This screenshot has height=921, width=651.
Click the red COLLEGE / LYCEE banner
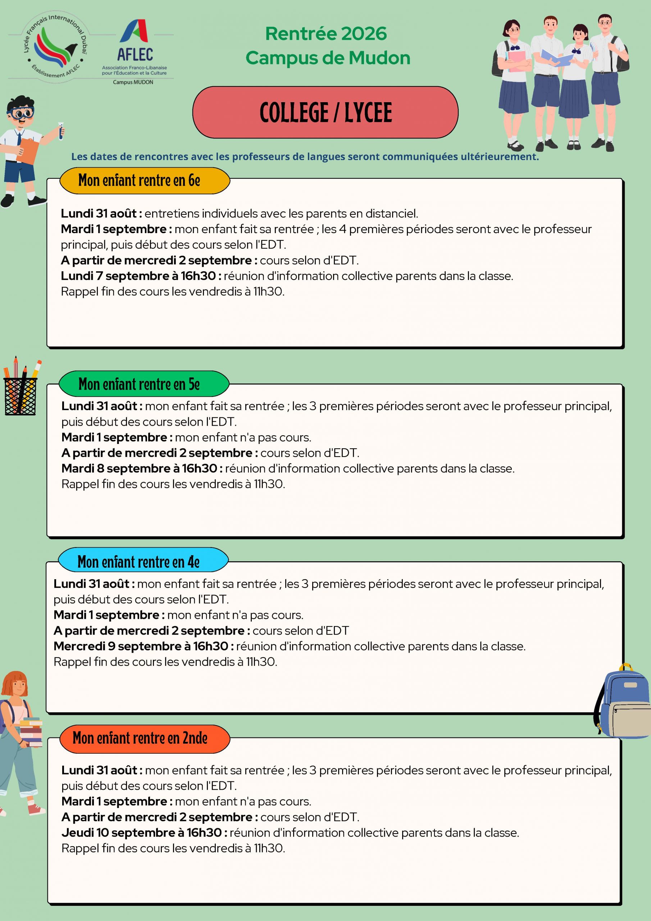tap(325, 112)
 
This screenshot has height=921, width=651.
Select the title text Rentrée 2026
tap(326, 33)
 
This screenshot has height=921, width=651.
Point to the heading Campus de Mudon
tap(328, 58)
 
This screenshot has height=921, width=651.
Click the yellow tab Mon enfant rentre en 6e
tap(144, 181)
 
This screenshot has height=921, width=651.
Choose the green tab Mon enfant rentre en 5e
tap(144, 384)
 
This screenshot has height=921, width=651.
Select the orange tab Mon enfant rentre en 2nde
tap(144, 738)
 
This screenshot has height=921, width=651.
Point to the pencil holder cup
tap(21, 395)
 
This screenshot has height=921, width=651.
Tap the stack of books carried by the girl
tap(31, 732)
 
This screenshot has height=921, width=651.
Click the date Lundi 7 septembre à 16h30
tap(138, 276)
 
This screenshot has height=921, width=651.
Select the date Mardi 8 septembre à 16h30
tap(139, 468)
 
